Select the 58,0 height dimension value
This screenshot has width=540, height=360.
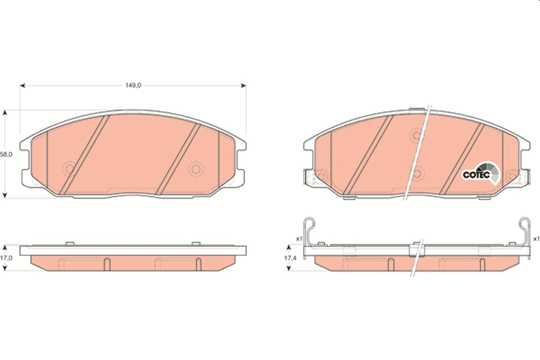pos(5,154)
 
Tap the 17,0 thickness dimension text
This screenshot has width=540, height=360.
pos(6,258)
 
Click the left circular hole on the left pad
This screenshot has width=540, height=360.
pos(70,169)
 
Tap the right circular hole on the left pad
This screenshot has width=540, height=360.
pos(196,169)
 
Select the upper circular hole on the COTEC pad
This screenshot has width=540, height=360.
pos(417,134)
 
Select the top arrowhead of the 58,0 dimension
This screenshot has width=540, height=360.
pos(5,112)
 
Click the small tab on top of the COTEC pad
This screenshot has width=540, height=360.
pos(417,109)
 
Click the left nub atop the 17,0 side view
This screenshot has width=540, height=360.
pos(70,243)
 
